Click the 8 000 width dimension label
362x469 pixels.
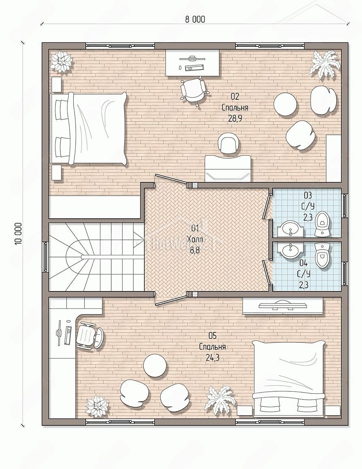pos(195,20)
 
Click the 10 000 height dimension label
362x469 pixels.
pos(18,234)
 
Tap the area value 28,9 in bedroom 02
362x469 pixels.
pos(235,118)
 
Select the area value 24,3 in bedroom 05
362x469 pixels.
pos(212,357)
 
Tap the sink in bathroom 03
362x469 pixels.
pos(290,228)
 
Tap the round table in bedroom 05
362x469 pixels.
pos(155,365)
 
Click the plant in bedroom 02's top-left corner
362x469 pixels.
pos(61,61)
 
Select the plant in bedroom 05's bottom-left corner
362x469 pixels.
pos(97,406)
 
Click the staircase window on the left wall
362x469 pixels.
pos(45,257)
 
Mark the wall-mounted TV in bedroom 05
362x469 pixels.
pos(282,306)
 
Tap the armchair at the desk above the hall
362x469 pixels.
pos(229,144)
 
